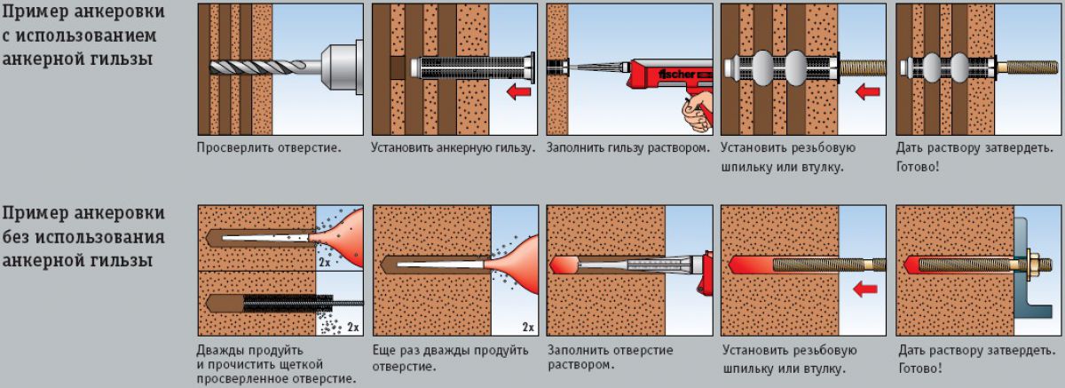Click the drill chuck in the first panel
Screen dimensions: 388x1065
click(329, 66)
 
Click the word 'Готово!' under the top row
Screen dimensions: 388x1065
click(919, 166)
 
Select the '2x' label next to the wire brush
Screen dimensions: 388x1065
click(353, 327)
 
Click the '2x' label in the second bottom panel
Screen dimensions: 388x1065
click(528, 327)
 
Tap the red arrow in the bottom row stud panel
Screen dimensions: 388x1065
click(861, 288)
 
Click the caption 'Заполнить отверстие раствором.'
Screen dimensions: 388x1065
click(610, 357)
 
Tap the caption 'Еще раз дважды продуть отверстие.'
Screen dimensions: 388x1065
click(450, 357)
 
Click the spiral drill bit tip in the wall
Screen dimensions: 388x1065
click(222, 66)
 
